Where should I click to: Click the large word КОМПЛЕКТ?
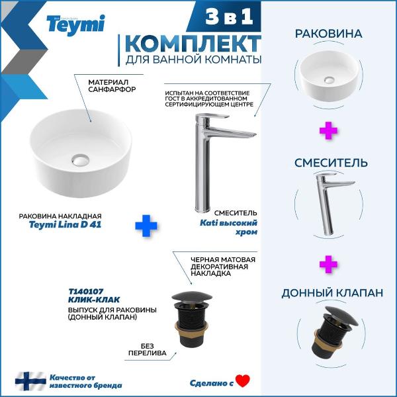click(193, 44)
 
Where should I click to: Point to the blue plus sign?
click(146, 226)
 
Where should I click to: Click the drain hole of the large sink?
click(80, 160)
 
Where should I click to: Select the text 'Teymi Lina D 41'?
click(65, 224)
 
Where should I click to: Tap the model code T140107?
click(86, 292)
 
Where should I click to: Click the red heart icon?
click(243, 381)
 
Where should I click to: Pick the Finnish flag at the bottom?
click(30, 381)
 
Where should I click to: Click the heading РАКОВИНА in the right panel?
click(329, 34)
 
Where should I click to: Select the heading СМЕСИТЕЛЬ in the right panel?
click(331, 163)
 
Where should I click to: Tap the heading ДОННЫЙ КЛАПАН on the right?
click(332, 293)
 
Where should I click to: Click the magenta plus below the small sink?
click(328, 130)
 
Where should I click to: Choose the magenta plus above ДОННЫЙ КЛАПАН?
click(328, 264)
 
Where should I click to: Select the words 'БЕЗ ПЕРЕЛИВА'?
click(148, 349)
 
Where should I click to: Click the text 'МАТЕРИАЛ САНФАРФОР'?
click(112, 85)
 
